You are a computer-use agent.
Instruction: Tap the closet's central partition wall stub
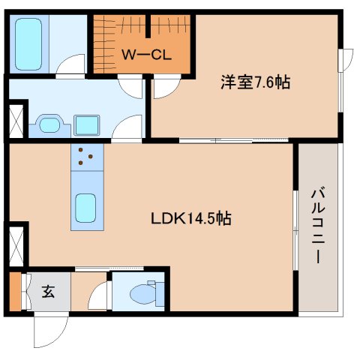click(147, 25)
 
